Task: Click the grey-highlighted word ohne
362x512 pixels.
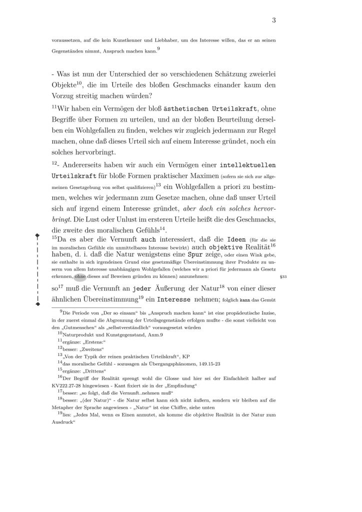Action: (x=80, y=276)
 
